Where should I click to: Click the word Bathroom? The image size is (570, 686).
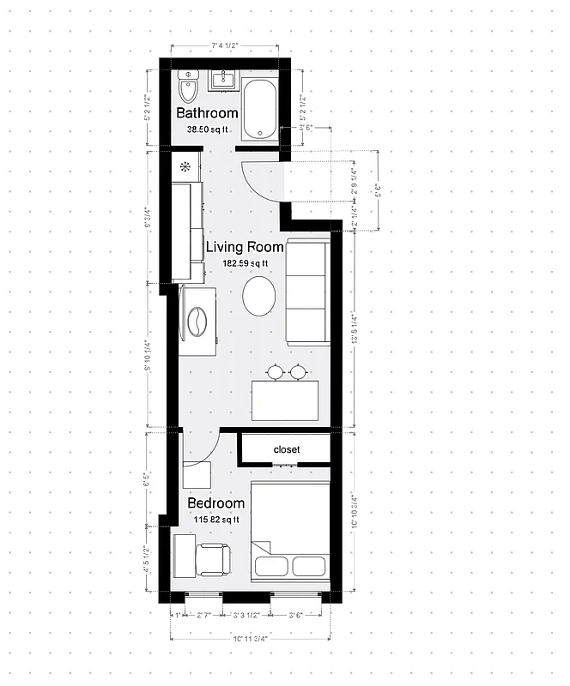(x=207, y=113)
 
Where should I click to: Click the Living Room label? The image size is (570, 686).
(x=245, y=247)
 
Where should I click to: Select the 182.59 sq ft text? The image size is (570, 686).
(x=245, y=263)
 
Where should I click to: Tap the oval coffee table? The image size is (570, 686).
(x=259, y=296)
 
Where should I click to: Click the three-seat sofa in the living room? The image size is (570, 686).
(x=306, y=292)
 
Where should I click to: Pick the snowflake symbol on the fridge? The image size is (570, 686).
(x=185, y=165)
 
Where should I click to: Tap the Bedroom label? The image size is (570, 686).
(x=215, y=502)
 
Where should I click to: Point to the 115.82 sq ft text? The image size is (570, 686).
(x=214, y=520)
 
